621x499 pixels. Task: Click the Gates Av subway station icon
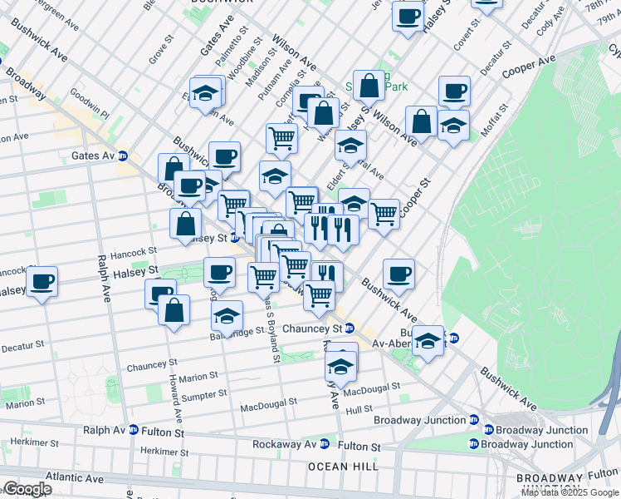click(122, 155)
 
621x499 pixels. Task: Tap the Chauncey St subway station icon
click(350, 329)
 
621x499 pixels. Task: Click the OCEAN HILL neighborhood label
click(339, 467)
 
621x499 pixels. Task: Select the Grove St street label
click(158, 54)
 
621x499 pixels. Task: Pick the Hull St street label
click(359, 409)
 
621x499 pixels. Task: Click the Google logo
click(27, 489)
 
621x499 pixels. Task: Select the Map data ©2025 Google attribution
click(570, 492)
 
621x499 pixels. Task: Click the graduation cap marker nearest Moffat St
click(453, 126)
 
